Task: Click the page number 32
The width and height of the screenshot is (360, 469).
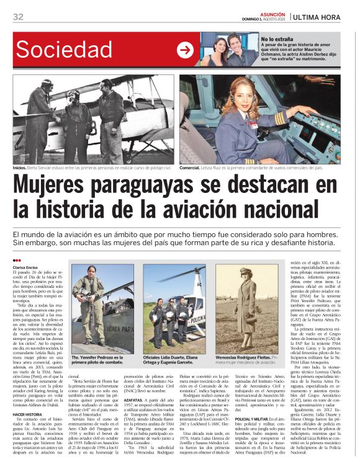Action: [18, 17]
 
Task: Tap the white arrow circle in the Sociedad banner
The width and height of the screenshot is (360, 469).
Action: [185, 50]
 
